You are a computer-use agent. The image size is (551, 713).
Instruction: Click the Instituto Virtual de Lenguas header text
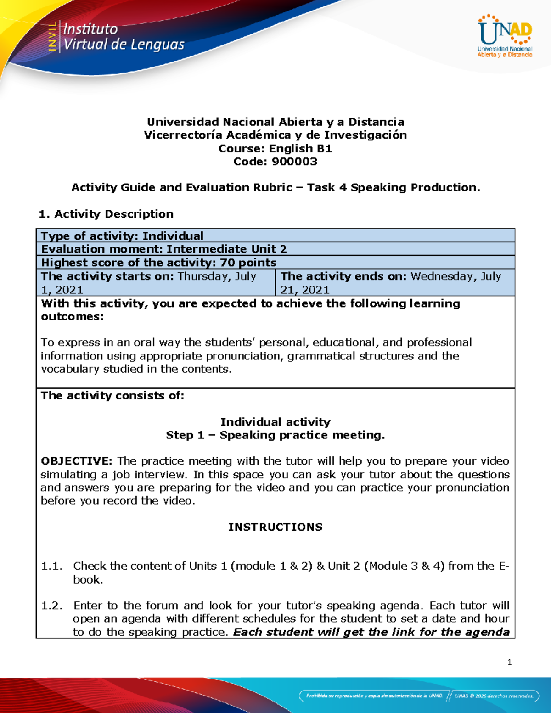[123, 37]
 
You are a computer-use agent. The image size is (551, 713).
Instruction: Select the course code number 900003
[294, 162]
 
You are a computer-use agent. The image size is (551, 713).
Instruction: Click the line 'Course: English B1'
[275, 148]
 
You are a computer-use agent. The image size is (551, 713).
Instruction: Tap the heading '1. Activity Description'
[106, 214]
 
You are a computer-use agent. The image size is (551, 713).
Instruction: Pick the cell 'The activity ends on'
[395, 283]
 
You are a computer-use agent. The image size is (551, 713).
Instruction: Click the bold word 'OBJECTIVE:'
[76, 461]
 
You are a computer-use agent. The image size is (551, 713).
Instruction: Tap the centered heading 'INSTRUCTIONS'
[275, 527]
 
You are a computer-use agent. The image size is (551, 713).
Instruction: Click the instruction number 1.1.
[51, 566]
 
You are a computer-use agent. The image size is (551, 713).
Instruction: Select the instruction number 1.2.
[51, 606]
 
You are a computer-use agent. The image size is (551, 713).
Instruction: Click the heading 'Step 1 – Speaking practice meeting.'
[275, 435]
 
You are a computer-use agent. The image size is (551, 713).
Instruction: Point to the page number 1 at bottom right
[509, 662]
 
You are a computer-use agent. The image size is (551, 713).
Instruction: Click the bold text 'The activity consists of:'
[112, 396]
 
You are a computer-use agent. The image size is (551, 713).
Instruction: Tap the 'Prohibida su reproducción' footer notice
[374, 696]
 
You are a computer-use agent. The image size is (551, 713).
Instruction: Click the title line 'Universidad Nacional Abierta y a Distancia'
[275, 122]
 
